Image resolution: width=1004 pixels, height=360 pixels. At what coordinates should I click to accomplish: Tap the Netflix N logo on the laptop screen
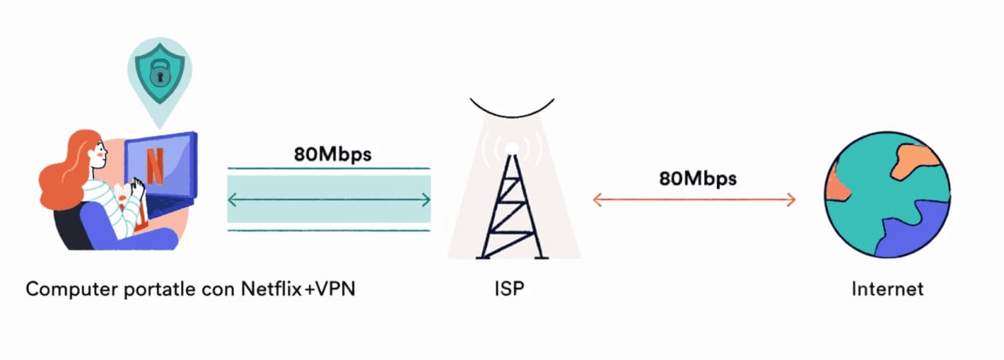(155, 165)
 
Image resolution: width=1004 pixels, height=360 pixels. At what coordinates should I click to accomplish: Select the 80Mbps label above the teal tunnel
(333, 154)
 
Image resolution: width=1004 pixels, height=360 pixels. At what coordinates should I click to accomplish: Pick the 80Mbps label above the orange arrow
(697, 178)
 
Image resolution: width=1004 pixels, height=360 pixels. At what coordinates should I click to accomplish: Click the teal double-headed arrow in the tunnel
(329, 200)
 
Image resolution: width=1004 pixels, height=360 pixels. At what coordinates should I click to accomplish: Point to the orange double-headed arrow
(694, 200)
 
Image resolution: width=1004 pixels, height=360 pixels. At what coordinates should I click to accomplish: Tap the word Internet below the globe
(887, 289)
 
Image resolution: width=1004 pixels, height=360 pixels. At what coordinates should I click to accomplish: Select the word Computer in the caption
(66, 289)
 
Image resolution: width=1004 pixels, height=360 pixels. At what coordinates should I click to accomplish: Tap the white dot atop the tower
(511, 148)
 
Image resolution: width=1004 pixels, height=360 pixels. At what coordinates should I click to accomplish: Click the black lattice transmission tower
(511, 212)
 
